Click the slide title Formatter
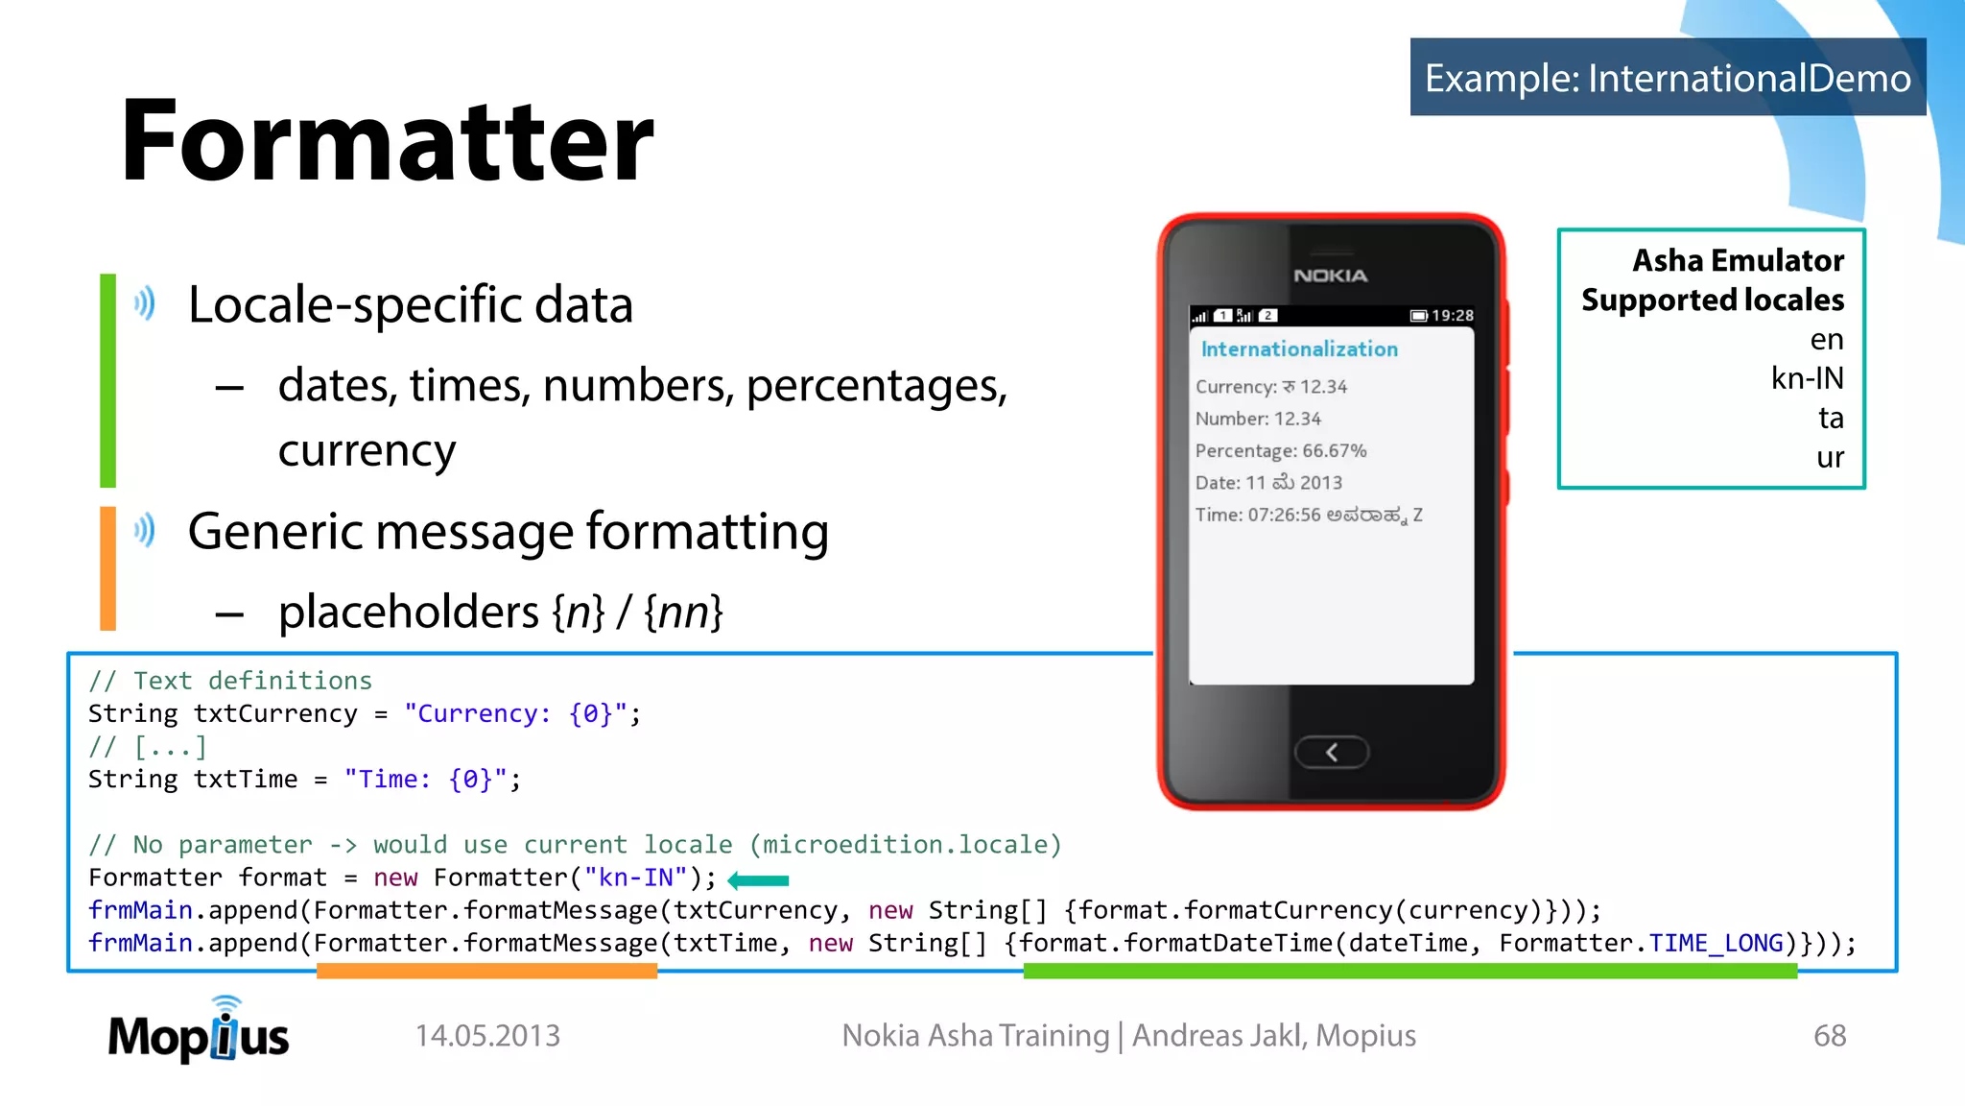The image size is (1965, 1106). pyautogui.click(x=387, y=141)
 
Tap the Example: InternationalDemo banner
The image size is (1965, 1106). pyautogui.click(x=1668, y=78)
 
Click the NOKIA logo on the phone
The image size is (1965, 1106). pyautogui.click(x=1330, y=276)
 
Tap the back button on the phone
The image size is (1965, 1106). pyautogui.click(x=1331, y=753)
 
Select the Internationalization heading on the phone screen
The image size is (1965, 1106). pyautogui.click(x=1299, y=349)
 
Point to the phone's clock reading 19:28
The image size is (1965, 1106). pyautogui.click(x=1452, y=316)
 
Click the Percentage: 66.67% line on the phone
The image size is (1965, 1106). pyautogui.click(x=1280, y=451)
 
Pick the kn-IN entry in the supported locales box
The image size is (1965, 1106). pyautogui.click(x=1807, y=379)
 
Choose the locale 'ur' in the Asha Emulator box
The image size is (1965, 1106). pyautogui.click(x=1830, y=458)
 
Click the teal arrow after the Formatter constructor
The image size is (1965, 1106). pyautogui.click(x=758, y=880)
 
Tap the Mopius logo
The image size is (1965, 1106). pyautogui.click(x=199, y=1033)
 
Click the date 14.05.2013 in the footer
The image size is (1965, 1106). pyautogui.click(x=487, y=1036)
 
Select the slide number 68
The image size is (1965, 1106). pyautogui.click(x=1829, y=1036)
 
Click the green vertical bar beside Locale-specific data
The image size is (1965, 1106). pyautogui.click(x=108, y=380)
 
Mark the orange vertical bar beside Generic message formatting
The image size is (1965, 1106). pyautogui.click(x=108, y=568)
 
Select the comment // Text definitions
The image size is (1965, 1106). pyautogui.click(x=230, y=681)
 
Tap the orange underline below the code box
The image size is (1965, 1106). pyautogui.click(x=486, y=972)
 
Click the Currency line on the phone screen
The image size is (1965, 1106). pyautogui.click(x=1270, y=387)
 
